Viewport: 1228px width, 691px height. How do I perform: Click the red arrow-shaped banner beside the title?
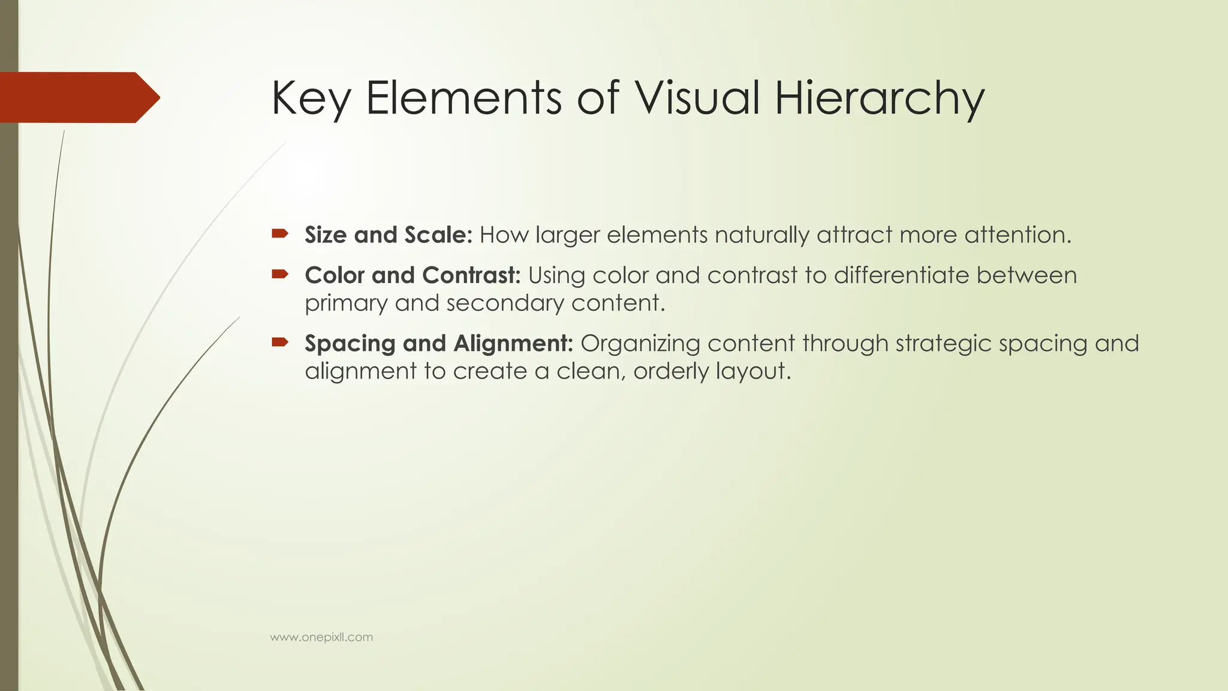coord(78,97)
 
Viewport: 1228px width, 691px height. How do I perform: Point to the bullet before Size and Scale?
coord(280,233)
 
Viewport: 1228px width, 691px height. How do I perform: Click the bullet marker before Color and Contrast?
coord(280,274)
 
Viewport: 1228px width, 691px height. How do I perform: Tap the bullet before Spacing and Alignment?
coord(280,343)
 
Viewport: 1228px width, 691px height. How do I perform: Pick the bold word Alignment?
coord(514,343)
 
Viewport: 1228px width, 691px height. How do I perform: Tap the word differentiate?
coord(901,275)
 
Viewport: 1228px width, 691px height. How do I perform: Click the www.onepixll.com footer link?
coord(321,637)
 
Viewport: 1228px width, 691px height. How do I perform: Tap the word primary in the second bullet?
coord(347,304)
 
